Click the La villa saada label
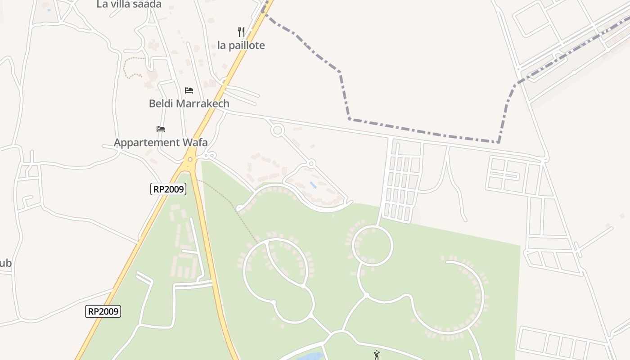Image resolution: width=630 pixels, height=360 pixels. click(x=129, y=4)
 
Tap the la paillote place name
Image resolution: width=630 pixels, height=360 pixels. click(x=241, y=45)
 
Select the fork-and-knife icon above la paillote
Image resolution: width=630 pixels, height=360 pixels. click(x=241, y=31)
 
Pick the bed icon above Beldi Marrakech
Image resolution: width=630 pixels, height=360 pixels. click(x=189, y=90)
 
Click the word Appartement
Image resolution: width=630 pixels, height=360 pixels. click(x=146, y=143)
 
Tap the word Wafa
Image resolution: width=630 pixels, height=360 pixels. click(x=195, y=143)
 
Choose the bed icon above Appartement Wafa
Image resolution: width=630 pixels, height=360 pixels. click(x=161, y=129)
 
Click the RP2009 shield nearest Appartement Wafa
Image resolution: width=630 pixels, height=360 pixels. click(x=168, y=189)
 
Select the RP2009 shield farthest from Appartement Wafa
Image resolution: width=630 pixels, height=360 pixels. click(x=103, y=311)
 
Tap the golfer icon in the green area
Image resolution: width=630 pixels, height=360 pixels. click(x=377, y=355)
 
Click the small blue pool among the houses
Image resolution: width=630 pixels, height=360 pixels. click(x=313, y=185)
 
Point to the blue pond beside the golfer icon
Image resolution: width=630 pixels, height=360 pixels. click(x=310, y=356)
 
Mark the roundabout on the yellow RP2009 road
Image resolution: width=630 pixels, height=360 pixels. click(x=191, y=159)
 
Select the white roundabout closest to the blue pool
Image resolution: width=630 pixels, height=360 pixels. click(x=311, y=163)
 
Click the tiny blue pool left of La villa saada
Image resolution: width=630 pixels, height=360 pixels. click(x=49, y=10)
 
